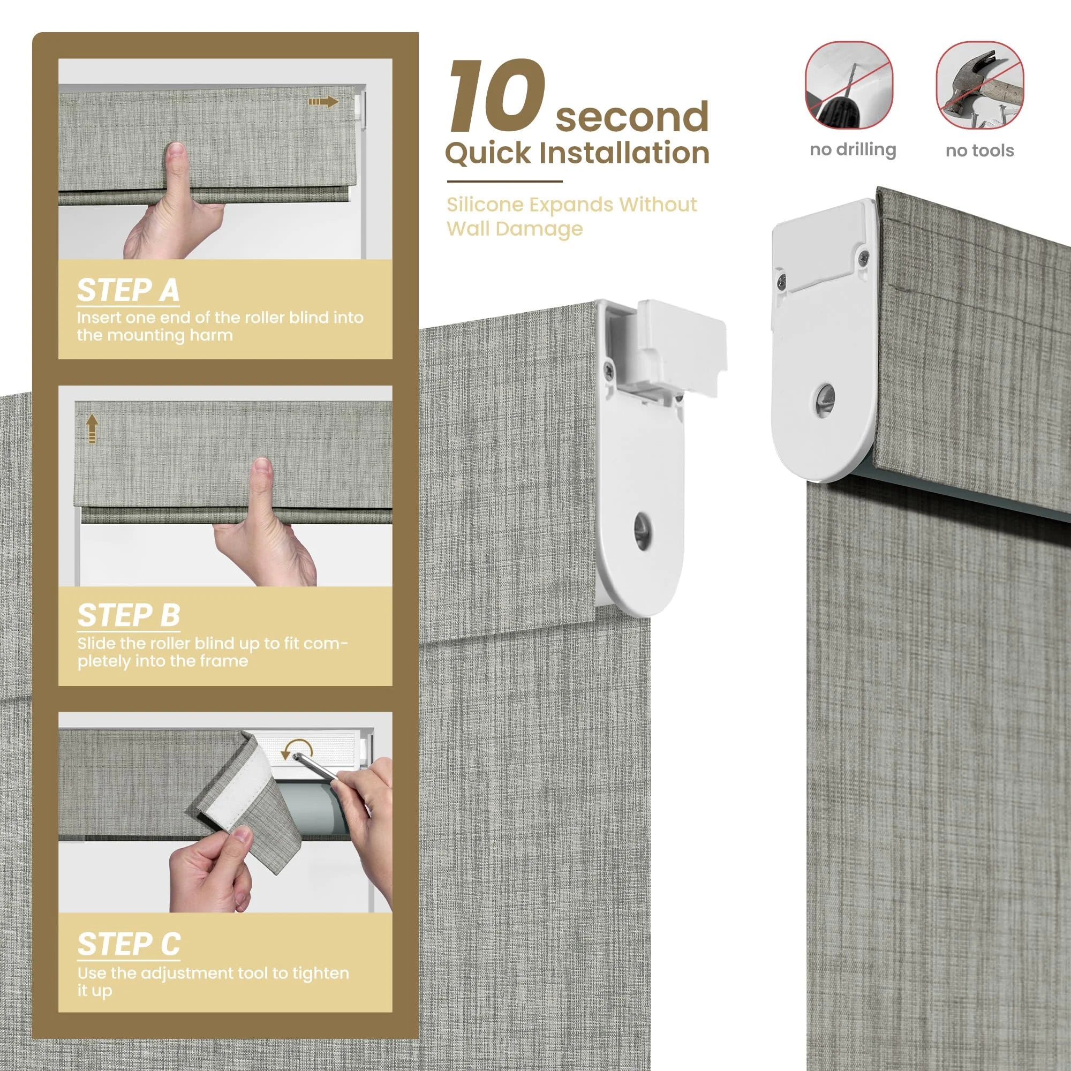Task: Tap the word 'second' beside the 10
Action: pos(632,116)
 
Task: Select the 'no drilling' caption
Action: pos(853,150)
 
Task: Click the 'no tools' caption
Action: pos(979,150)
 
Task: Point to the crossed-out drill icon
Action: pos(849,84)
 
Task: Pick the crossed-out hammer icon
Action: pos(980,85)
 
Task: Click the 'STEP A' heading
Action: pos(128,290)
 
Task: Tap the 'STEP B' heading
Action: pos(129,615)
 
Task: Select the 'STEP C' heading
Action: pos(129,944)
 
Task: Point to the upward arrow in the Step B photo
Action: pos(92,430)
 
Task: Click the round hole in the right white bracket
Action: pos(824,397)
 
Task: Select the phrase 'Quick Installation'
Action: pos(577,153)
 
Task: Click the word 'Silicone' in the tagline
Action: pos(485,205)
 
